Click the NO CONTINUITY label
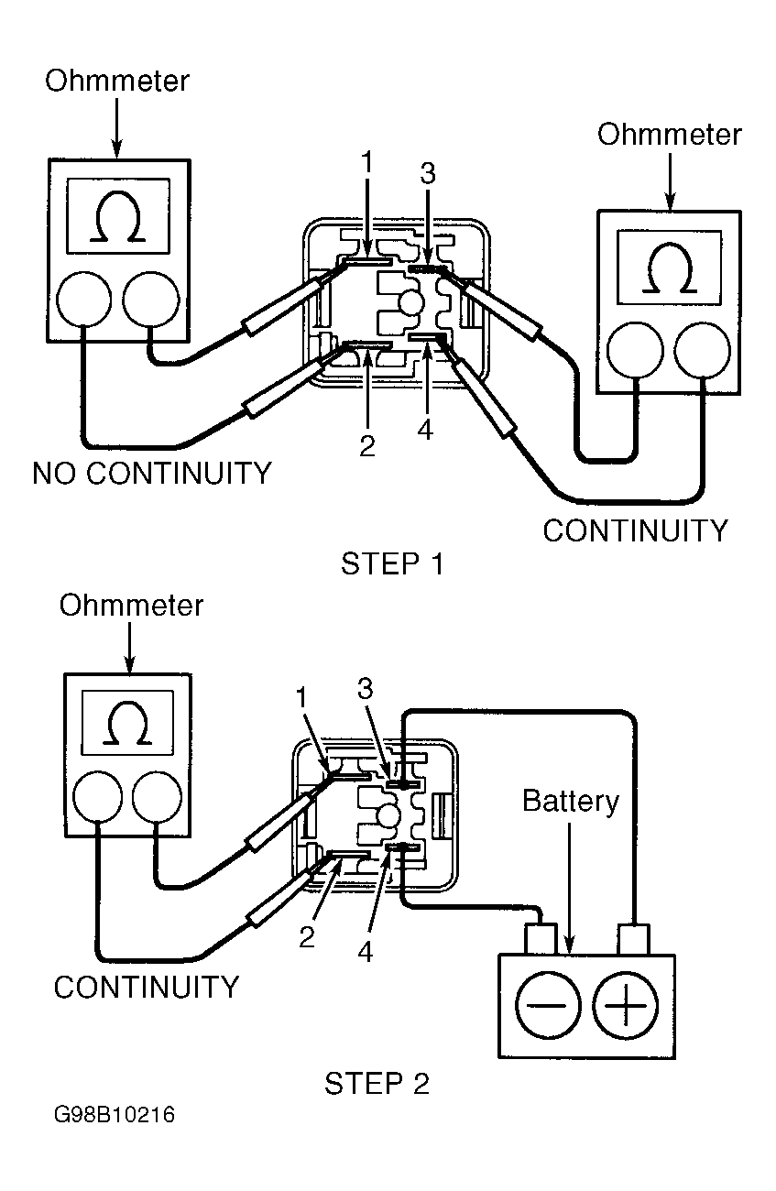click(x=152, y=474)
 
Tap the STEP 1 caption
click(x=392, y=564)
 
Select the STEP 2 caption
click(x=377, y=1085)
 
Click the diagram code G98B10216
click(x=115, y=1117)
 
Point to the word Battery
click(x=571, y=801)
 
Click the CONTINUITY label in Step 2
click(x=147, y=987)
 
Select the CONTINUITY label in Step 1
click(x=635, y=530)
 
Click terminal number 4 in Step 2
click(x=366, y=953)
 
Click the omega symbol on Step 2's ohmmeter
click(x=127, y=724)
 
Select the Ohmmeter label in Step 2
click(x=131, y=606)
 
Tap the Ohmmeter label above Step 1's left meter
click(x=117, y=82)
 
